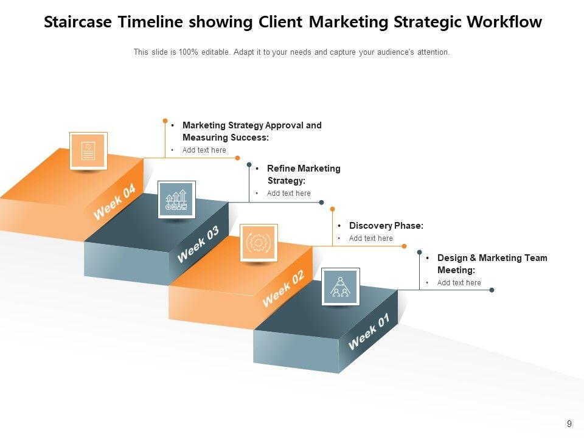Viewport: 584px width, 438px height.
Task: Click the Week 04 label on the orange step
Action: click(x=114, y=203)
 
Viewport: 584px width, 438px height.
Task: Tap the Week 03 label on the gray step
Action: click(x=198, y=245)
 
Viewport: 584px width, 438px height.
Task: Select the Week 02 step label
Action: click(x=283, y=289)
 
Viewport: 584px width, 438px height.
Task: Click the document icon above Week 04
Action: click(x=88, y=150)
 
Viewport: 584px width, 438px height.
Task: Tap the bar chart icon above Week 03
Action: click(x=176, y=199)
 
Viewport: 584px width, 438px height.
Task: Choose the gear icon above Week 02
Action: click(x=259, y=243)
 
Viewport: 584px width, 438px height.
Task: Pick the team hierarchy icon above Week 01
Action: click(x=340, y=286)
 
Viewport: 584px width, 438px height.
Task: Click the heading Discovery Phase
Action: click(x=386, y=226)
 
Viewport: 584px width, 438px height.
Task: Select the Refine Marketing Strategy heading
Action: click(x=303, y=175)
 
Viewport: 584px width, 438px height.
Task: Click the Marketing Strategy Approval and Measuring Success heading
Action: click(x=251, y=131)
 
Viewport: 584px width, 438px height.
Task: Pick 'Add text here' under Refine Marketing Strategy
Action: click(x=288, y=193)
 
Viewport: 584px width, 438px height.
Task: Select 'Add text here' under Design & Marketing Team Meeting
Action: click(x=459, y=283)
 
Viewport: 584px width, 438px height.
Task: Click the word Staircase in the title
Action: click(x=77, y=23)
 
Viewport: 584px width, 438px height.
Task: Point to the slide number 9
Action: click(x=569, y=424)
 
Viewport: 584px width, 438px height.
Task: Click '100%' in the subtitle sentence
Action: click(x=189, y=52)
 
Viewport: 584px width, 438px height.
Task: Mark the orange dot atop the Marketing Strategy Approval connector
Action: click(x=165, y=120)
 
